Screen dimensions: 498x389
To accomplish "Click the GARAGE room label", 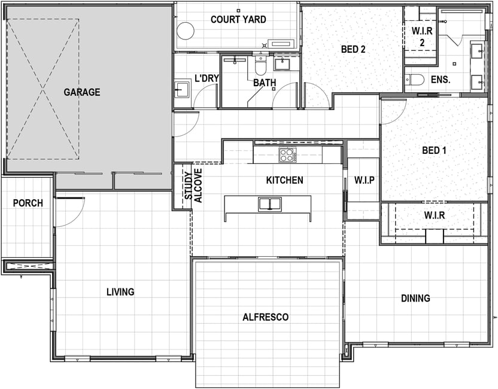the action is [82, 92].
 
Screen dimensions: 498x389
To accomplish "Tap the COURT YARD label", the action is [238, 19].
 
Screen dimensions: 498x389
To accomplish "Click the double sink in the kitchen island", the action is [270, 204].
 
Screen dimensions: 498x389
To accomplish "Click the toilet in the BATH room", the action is [260, 65].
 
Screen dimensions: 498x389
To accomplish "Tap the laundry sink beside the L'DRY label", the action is [183, 90].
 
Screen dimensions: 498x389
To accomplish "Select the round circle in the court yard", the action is [186, 31].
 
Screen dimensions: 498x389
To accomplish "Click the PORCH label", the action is [28, 203].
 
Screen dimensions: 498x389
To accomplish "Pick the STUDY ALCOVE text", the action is [193, 186].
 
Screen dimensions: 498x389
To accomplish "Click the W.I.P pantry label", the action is [365, 180].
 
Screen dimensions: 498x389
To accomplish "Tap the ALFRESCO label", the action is [266, 317].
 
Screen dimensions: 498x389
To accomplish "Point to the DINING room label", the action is [415, 298].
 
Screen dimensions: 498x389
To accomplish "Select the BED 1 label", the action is [434, 150].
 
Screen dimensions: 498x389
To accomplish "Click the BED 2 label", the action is [353, 49].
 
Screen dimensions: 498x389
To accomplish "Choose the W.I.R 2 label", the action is [422, 37].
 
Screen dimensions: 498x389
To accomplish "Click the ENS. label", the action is [441, 80].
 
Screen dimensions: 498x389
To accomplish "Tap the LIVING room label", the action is [120, 291].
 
